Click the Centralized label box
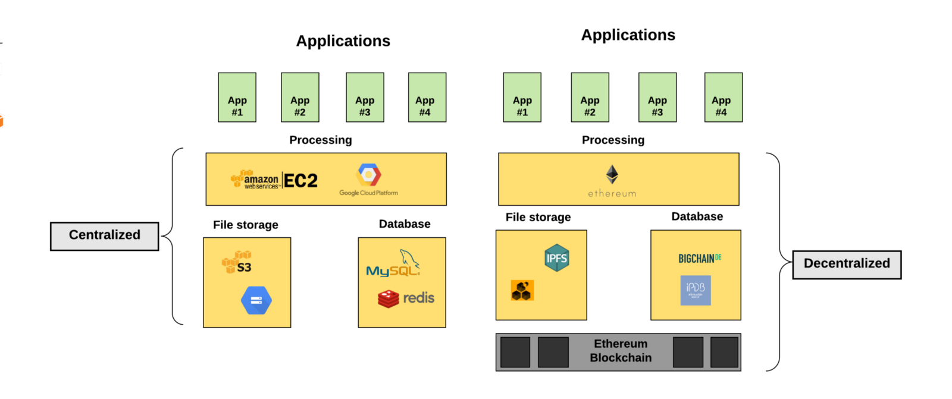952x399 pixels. (x=105, y=236)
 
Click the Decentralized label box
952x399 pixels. (x=847, y=265)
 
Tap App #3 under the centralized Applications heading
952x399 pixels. (x=365, y=98)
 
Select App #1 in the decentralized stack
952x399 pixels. (x=522, y=98)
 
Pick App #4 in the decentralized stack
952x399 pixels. (x=723, y=98)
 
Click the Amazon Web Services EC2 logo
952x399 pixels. (x=274, y=180)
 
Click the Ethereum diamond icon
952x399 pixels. (x=612, y=174)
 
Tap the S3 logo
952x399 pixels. (x=237, y=262)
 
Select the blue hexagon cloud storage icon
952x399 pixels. (x=256, y=300)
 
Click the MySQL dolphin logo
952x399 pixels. (x=393, y=265)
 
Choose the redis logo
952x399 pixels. (x=406, y=298)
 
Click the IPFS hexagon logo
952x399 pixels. (x=557, y=258)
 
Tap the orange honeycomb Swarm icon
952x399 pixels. (x=522, y=290)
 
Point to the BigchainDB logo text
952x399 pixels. (x=700, y=259)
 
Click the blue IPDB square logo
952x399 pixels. (x=696, y=290)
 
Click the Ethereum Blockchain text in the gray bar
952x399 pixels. (x=621, y=351)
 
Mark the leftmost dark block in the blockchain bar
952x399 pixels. (x=515, y=352)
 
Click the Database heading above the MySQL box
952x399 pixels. (x=405, y=224)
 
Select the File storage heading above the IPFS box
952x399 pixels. (x=538, y=218)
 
